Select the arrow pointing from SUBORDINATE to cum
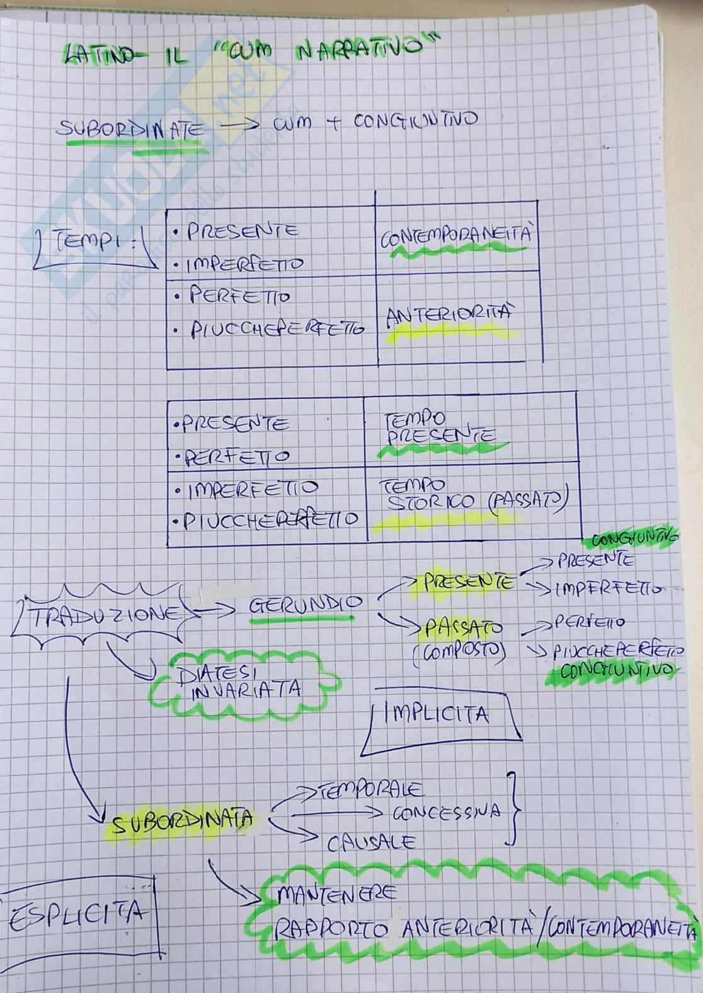[238, 125]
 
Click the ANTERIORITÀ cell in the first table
[448, 316]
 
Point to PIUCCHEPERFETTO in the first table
[277, 329]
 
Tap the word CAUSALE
[371, 842]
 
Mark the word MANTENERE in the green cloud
[336, 893]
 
